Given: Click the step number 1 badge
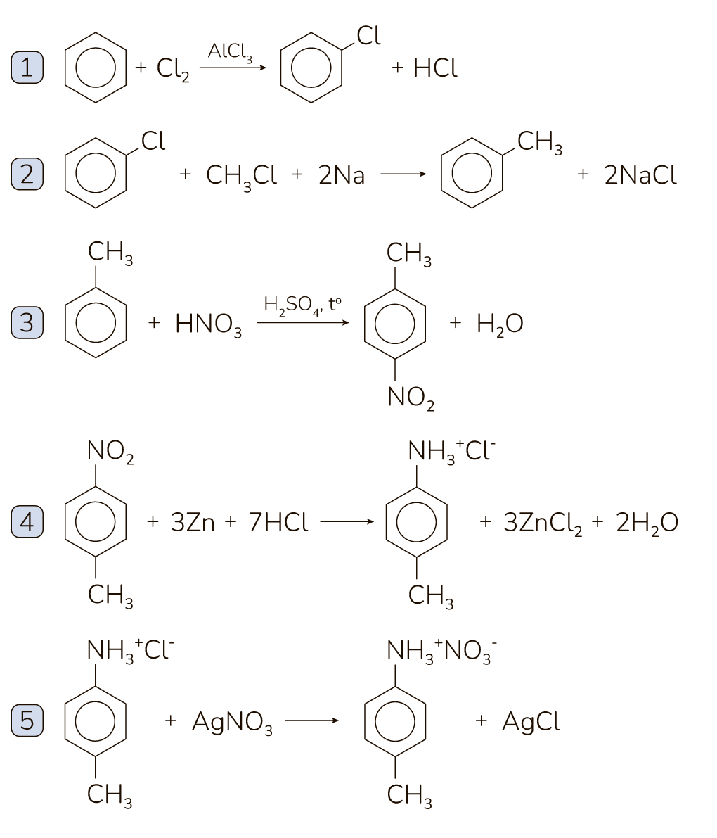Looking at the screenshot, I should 27,68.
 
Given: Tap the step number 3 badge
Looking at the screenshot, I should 27,323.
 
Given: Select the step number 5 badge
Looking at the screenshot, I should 27,721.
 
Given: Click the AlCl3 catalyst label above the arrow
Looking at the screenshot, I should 230,53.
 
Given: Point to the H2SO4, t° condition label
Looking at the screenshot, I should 302,306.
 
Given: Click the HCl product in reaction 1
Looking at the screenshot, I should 435,68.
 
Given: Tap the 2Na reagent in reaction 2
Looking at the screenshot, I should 342,175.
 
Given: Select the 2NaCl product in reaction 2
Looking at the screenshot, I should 640,175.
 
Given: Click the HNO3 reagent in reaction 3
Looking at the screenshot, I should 208,324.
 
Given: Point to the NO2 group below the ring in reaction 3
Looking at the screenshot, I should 411,399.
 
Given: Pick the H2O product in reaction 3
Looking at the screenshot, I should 499,324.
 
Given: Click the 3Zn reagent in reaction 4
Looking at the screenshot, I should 193,523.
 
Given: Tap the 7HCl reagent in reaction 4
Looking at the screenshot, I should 278,523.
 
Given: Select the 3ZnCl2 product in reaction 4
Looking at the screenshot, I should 543,523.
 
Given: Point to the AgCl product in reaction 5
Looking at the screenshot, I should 531,722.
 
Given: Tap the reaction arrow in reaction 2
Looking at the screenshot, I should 403,174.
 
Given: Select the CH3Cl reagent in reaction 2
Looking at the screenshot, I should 241,176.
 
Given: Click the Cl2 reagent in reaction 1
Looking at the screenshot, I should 173,69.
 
